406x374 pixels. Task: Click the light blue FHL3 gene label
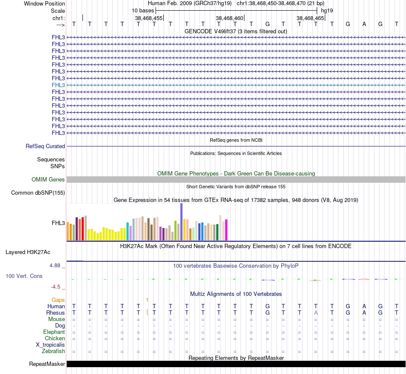tap(58, 85)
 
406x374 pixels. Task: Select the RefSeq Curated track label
tap(45, 146)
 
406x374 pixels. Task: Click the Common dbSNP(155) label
tap(38, 193)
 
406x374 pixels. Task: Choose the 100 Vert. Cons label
tap(24, 276)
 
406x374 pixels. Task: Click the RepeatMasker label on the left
tap(47, 364)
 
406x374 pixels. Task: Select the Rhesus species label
tap(56, 313)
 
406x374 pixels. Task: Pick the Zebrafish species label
tap(53, 351)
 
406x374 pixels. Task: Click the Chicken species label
tap(55, 339)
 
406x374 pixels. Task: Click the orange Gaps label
tap(58, 300)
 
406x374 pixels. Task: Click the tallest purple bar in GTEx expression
tap(181, 222)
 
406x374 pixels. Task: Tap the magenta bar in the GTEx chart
tap(227, 230)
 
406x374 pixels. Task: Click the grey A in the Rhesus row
tap(316, 313)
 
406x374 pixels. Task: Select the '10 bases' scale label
tap(143, 10)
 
